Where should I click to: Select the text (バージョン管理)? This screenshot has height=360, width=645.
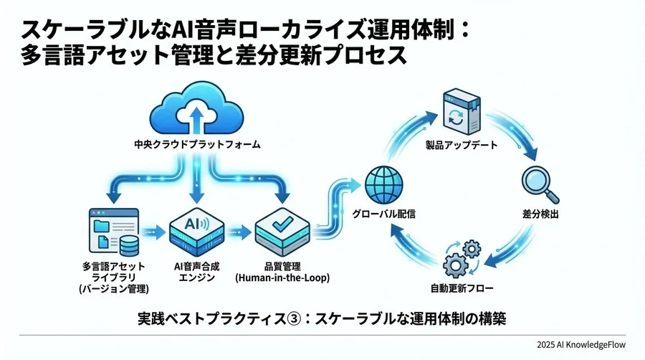113,289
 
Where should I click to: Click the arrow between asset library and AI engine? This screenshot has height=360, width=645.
152,231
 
